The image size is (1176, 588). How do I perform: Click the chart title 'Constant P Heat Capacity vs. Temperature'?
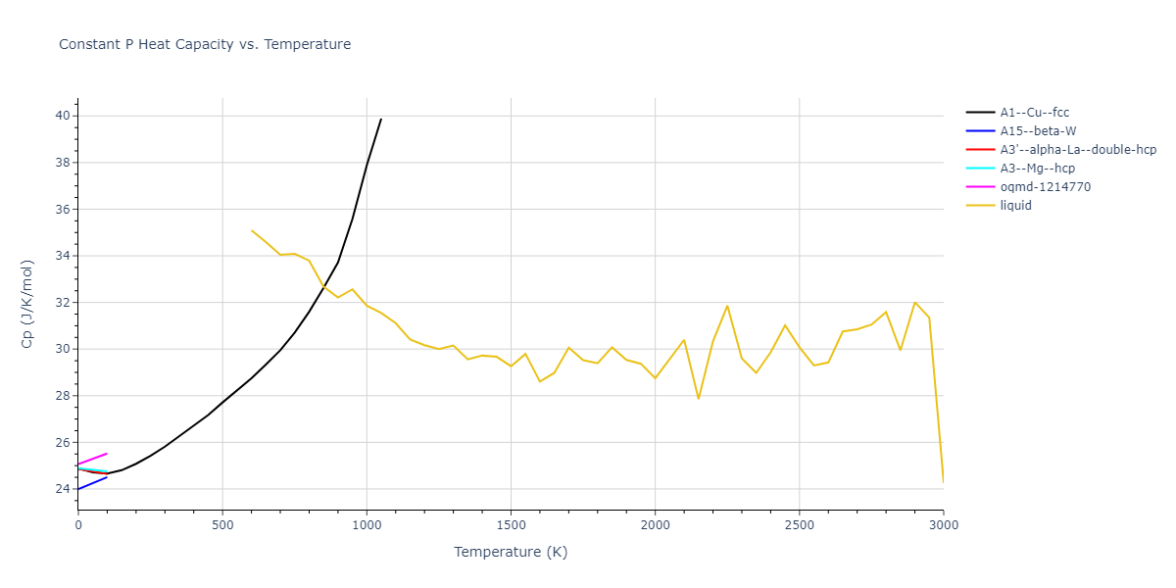(205, 44)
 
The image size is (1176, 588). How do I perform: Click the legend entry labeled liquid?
(1015, 206)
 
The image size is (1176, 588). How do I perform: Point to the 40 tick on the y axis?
(63, 116)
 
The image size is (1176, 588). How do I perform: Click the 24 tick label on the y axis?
(63, 489)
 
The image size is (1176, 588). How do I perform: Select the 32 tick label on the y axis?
(63, 303)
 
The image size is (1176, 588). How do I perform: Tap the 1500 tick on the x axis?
(511, 526)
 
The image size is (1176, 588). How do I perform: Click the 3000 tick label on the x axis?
(943, 526)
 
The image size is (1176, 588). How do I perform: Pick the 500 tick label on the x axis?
(222, 526)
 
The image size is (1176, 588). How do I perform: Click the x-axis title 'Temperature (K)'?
(511, 553)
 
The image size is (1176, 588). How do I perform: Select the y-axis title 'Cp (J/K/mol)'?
(28, 304)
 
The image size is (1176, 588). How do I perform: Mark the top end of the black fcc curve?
(381, 119)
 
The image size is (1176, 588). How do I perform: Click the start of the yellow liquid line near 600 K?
(252, 230)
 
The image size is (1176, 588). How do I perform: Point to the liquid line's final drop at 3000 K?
(943, 482)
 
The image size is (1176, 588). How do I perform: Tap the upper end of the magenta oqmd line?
(107, 454)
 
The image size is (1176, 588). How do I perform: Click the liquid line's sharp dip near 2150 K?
(699, 399)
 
